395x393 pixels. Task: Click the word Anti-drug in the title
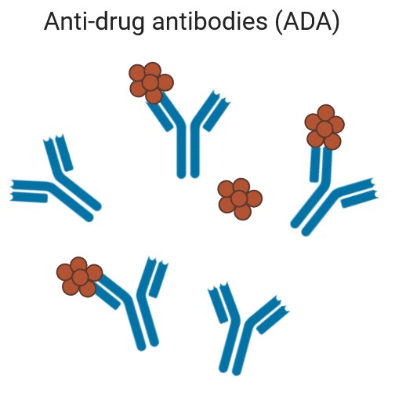tap(94, 22)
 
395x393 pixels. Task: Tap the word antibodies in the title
tap(210, 21)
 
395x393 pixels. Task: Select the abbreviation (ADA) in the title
tap(307, 22)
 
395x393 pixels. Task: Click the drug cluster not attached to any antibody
tap(240, 199)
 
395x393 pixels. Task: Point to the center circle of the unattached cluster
tap(239, 198)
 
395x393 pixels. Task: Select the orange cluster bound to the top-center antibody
tap(151, 83)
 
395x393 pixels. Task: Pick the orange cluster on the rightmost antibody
tap(324, 127)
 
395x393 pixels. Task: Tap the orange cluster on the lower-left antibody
tap(79, 277)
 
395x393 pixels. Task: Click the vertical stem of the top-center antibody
tap(188, 151)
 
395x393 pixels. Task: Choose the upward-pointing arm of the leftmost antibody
tap(58, 155)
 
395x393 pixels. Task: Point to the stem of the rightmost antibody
tap(312, 209)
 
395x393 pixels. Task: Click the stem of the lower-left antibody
tap(143, 324)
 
